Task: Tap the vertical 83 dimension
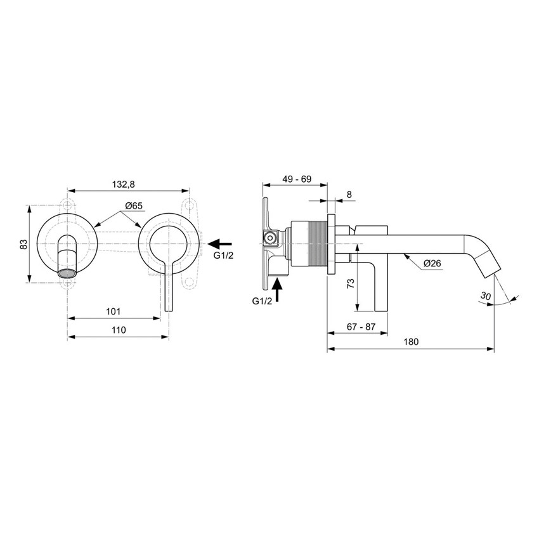click(23, 244)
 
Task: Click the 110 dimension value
click(118, 330)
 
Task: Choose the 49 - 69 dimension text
click(296, 179)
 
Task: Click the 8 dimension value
click(349, 195)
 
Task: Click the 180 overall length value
click(411, 342)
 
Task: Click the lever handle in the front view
click(168, 285)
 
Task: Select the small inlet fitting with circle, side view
click(269, 239)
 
